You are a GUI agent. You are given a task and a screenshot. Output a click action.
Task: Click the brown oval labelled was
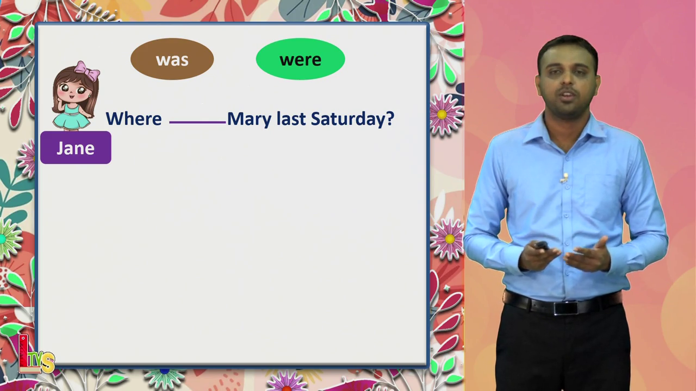coord(172,59)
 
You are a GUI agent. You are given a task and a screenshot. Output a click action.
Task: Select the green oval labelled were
coord(301,59)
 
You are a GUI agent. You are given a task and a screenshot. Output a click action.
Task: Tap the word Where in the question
coord(134,119)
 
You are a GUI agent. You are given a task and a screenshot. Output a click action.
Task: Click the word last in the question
coord(291,119)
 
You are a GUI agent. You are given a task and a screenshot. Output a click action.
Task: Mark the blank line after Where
coord(197,123)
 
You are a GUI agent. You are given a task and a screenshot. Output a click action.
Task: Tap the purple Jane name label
coord(76,148)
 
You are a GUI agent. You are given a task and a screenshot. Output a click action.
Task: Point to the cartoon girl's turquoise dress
coord(71,116)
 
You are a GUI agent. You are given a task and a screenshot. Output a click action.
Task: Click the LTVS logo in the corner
coord(36,355)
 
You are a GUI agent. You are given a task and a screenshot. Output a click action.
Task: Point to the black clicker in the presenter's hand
coord(541,245)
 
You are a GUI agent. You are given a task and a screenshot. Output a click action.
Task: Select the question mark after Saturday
coord(390,118)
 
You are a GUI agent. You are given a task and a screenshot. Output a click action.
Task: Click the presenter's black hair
coord(568,49)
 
